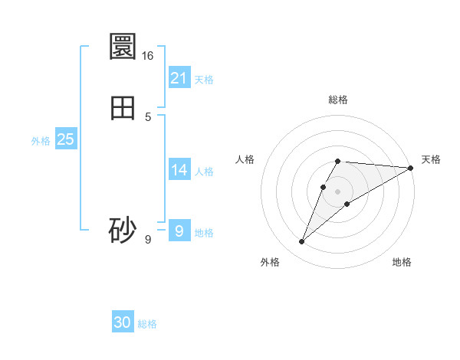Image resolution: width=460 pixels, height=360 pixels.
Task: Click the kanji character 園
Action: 123,47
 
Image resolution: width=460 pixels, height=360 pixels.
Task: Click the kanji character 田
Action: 123,107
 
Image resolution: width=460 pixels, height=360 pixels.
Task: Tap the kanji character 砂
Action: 123,230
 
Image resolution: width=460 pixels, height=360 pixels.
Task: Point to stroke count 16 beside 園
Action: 148,56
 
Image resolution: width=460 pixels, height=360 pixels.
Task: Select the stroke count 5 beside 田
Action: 148,117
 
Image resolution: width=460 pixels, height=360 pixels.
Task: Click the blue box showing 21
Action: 179,77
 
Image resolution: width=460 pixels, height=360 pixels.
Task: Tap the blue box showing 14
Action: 179,169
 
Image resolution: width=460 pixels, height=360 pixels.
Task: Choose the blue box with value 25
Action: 66,139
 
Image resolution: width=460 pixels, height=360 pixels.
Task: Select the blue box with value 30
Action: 123,322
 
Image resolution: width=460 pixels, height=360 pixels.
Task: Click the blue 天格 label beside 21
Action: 204,80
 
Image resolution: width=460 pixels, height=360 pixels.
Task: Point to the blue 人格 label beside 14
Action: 204,172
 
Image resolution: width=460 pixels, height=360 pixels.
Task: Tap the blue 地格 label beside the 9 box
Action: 204,233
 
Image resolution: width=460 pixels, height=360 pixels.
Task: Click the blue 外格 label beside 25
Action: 41,141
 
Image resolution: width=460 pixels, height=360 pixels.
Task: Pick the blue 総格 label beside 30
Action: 147,324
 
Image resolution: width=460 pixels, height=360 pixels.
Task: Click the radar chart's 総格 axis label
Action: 338,100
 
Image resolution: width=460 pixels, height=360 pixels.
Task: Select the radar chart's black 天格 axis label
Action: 431,159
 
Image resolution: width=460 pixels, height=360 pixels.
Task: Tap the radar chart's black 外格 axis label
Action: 270,262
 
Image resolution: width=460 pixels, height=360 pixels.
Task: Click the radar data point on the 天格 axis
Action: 411,168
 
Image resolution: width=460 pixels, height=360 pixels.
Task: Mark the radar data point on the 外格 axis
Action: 302,242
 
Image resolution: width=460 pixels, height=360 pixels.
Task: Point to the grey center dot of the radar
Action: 338,191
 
